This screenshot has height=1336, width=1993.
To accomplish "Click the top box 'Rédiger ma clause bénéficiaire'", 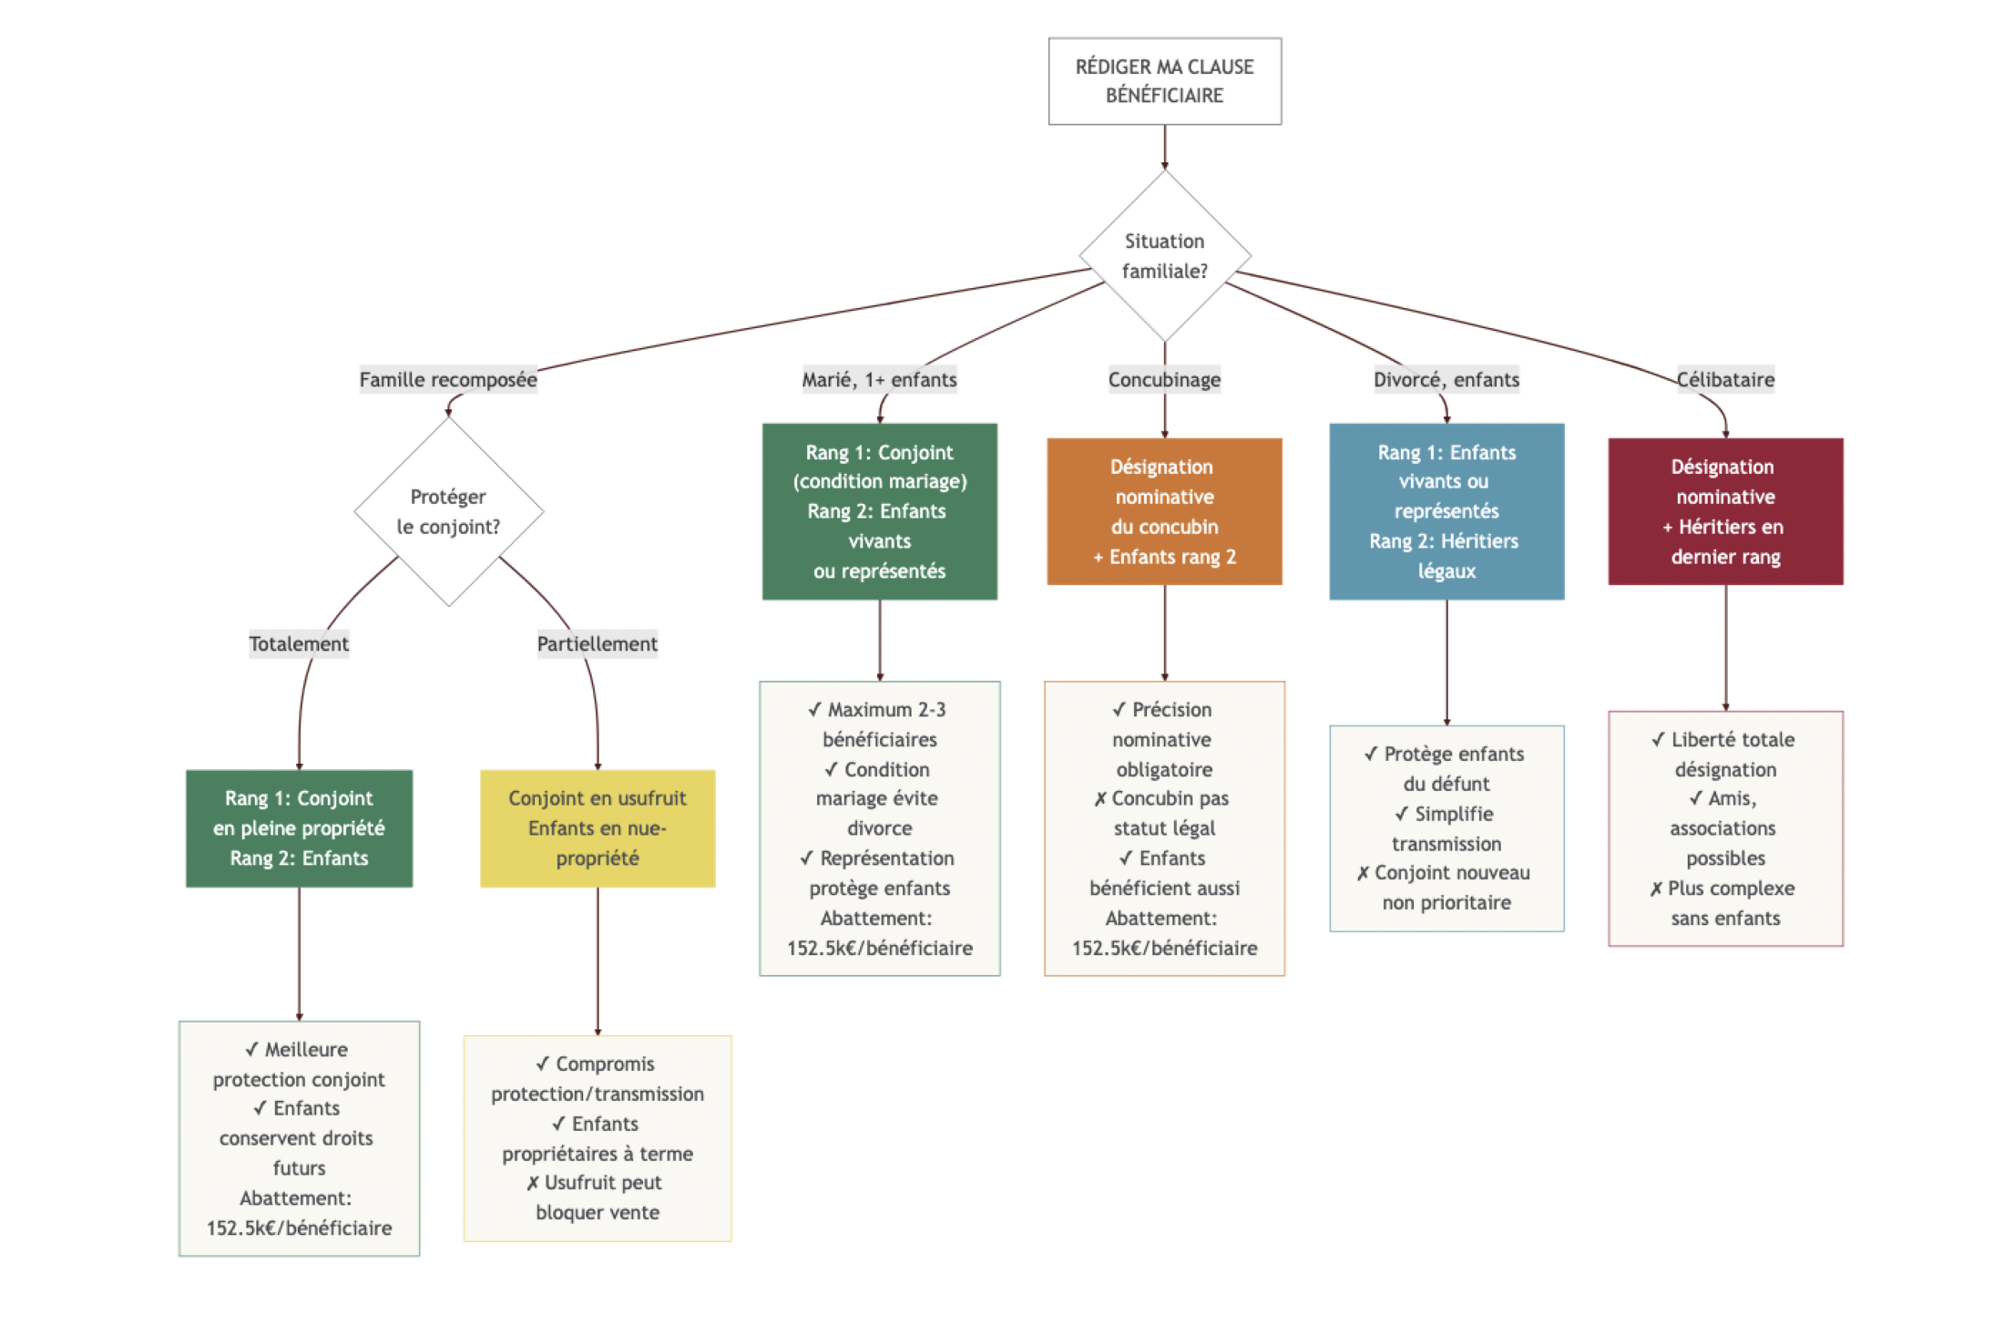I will tap(1163, 81).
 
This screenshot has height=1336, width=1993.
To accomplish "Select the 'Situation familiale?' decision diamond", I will tap(1163, 256).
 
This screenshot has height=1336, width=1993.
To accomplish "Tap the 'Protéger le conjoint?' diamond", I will tap(448, 511).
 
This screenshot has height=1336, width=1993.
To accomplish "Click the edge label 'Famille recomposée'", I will tap(448, 379).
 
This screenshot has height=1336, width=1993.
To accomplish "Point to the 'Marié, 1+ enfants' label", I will tap(879, 379).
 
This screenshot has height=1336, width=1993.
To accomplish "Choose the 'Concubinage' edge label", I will tap(1163, 379).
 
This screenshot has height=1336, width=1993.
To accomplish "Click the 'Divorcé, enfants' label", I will tap(1446, 379).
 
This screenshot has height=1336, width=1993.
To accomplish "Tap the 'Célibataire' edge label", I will tap(1724, 379).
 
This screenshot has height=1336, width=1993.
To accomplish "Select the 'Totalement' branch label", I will tap(299, 643).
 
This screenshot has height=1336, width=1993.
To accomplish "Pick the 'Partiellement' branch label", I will tap(597, 643).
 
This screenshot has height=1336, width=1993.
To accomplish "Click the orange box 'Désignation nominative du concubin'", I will tap(1163, 511).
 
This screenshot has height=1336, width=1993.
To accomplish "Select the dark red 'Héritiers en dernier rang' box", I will tap(1724, 511).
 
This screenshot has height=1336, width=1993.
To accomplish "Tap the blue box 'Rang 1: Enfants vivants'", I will tap(1446, 511).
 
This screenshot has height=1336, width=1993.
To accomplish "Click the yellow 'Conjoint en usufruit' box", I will tap(597, 827).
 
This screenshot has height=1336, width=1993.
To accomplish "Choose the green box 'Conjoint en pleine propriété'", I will tap(299, 827).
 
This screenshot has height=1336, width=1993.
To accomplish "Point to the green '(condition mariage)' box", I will tap(879, 511).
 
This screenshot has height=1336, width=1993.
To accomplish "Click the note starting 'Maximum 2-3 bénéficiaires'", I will tap(879, 827).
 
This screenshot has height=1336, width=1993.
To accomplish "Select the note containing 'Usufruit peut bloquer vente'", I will tap(597, 1137).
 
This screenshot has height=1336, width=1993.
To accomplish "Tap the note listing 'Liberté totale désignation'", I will tap(1724, 827).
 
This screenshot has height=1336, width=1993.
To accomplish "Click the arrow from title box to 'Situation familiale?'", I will tap(1163, 148).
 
